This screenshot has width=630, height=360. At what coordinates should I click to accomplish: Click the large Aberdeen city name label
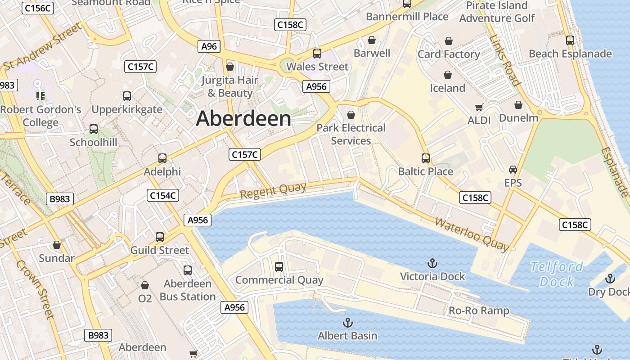tap(243, 119)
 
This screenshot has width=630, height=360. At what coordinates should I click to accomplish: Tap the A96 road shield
tap(209, 46)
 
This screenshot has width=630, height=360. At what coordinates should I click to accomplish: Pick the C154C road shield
tap(163, 195)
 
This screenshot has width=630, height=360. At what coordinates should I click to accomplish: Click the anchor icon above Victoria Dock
tap(432, 263)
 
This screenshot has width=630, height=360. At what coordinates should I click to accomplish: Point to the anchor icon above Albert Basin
tap(347, 323)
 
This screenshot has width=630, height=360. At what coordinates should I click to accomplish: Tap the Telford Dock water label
tap(557, 274)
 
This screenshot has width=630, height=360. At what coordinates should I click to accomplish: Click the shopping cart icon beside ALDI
tap(479, 108)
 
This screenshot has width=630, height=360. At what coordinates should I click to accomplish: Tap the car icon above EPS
tap(513, 170)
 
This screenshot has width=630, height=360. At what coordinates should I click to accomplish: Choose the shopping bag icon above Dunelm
tap(518, 105)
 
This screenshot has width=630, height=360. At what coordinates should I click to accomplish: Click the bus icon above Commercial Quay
tap(279, 267)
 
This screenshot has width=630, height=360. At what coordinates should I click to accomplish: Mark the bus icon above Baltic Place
tap(426, 158)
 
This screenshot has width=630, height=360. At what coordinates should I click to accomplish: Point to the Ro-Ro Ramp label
tap(479, 310)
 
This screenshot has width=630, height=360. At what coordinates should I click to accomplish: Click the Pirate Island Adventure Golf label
tap(497, 12)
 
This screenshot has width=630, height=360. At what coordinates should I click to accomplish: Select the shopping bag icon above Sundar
tap(57, 245)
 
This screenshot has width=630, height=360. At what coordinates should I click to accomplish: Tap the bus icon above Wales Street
tap(317, 54)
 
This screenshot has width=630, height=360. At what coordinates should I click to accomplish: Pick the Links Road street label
tap(505, 60)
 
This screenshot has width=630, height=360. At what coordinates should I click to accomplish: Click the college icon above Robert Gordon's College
tap(40, 96)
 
